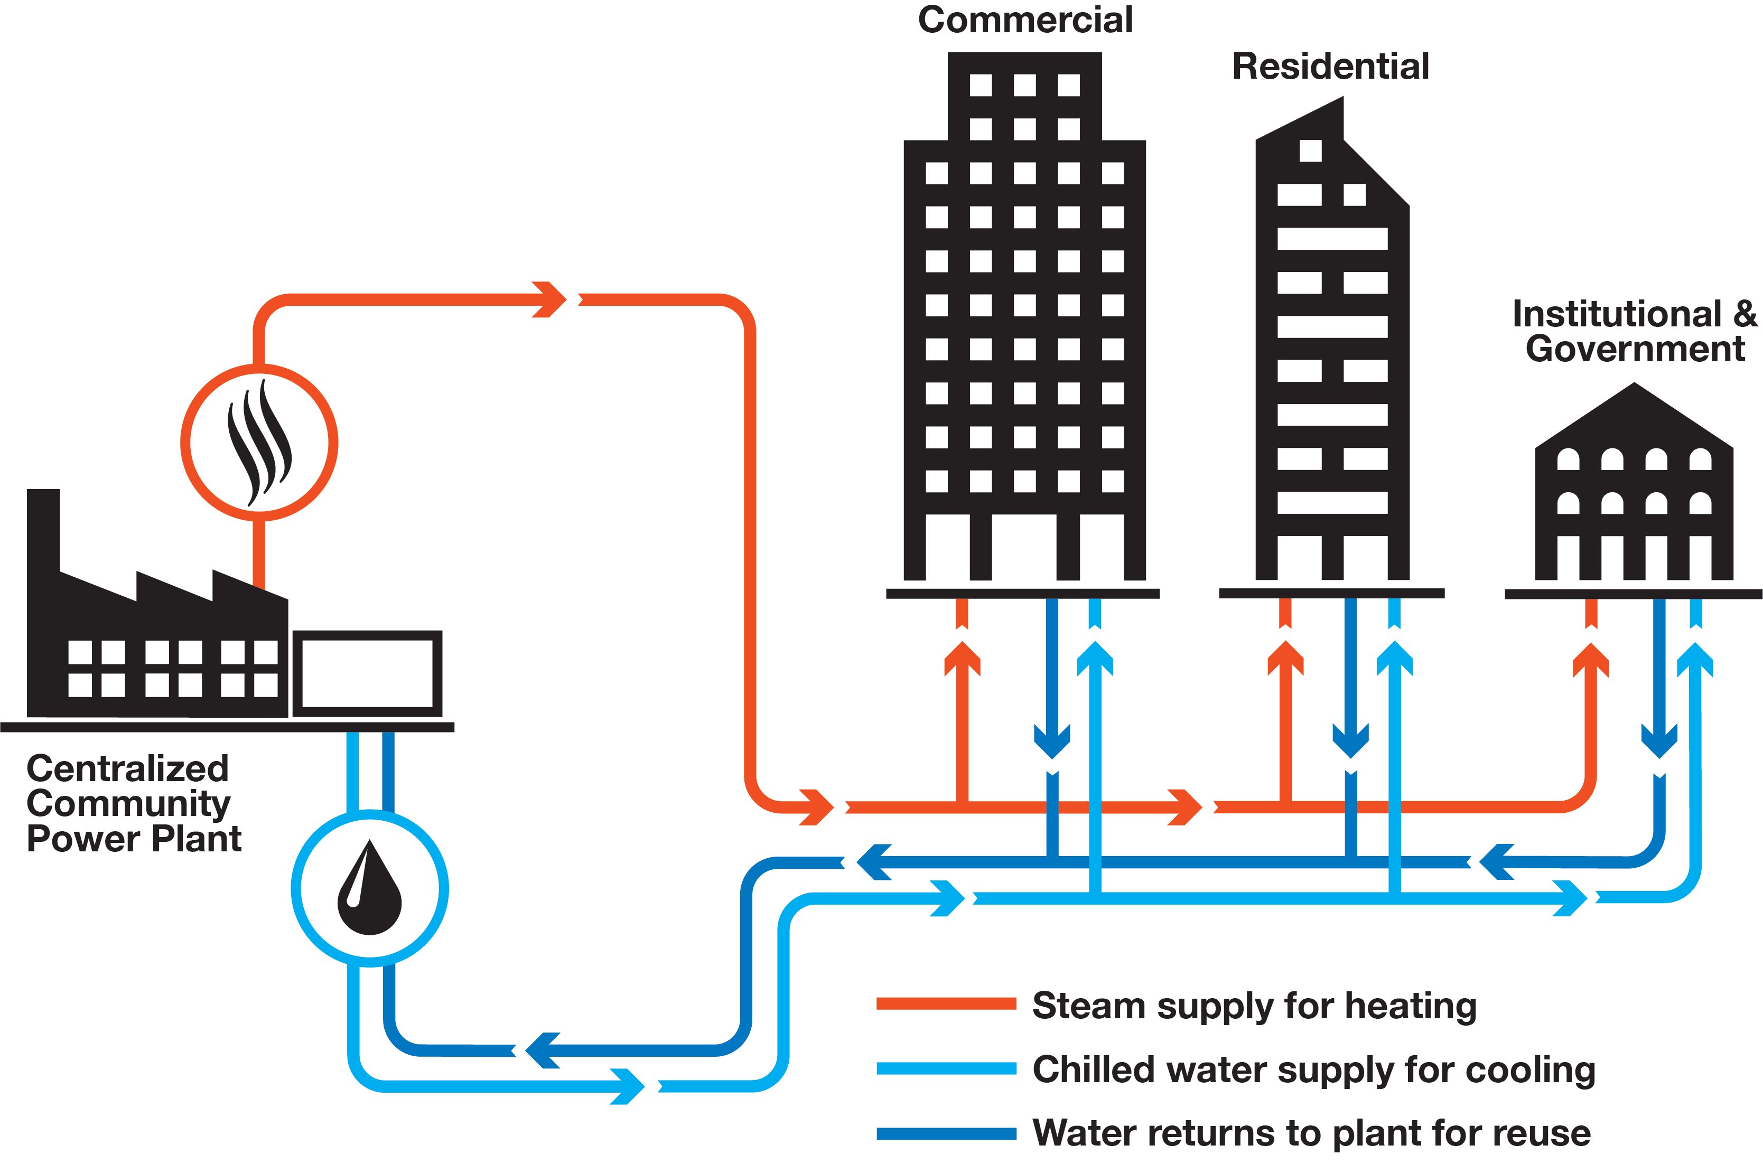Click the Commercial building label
[x=1025, y=20]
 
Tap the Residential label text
[x=1330, y=66]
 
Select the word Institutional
[x=1617, y=314]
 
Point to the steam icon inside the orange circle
[x=259, y=443]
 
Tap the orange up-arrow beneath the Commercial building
[x=963, y=659]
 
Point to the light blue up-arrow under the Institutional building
[x=1695, y=659]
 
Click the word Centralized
[x=127, y=768]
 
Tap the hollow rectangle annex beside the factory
[x=368, y=673]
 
